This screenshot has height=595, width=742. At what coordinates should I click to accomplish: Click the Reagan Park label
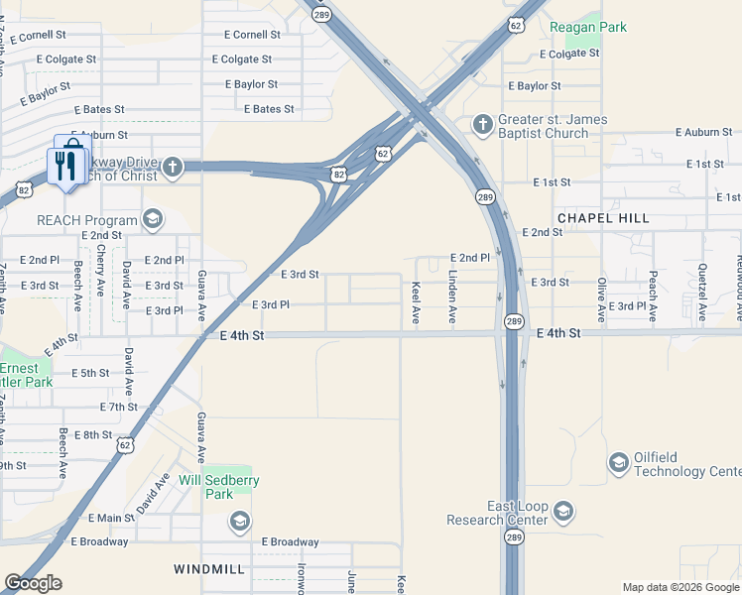coord(589,27)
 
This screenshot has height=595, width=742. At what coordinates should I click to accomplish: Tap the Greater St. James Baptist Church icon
coord(483,124)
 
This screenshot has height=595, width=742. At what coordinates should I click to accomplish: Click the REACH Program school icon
coord(153,218)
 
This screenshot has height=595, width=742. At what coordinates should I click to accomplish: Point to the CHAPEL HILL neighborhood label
coord(603,217)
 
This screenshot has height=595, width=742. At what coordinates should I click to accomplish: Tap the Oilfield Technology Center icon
coord(618,463)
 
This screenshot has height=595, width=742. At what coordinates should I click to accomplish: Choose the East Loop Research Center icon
coord(562,512)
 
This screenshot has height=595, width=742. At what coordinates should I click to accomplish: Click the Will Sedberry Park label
coord(218,487)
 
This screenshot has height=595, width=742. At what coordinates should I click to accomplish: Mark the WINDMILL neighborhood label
coord(208,569)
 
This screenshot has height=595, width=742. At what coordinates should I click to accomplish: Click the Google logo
coord(33,583)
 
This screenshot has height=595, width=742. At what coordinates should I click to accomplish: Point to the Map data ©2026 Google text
coord(680,587)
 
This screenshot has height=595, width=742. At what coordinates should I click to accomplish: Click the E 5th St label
coord(90,373)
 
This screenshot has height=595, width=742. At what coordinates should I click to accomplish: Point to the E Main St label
coord(111,518)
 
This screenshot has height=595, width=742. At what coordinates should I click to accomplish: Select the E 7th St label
coord(118,407)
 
